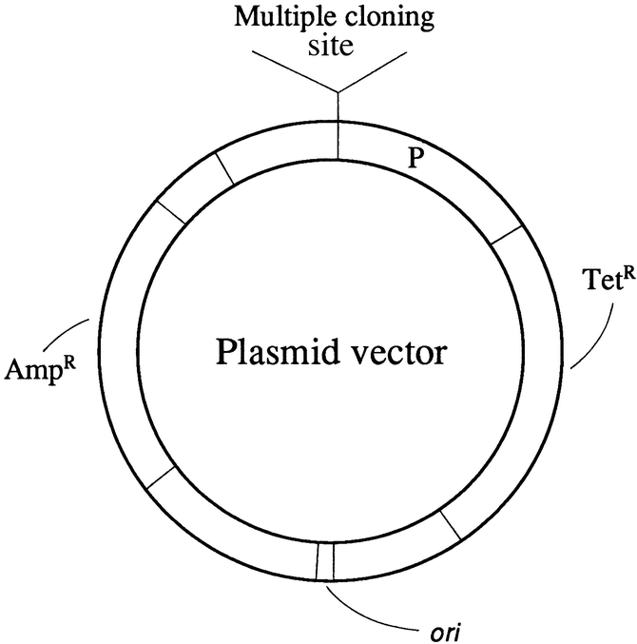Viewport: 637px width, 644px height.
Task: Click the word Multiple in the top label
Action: coord(272,16)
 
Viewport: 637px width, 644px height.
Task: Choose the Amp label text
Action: coord(33,367)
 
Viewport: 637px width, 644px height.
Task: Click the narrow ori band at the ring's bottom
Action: coord(325,560)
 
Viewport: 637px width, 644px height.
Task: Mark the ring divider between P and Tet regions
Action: coord(506,238)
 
